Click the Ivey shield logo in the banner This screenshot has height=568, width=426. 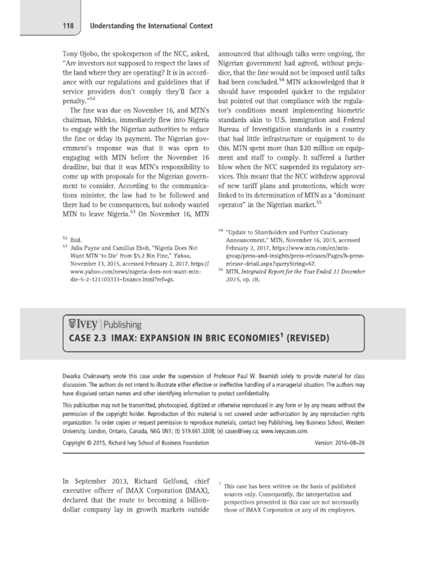coord(71,324)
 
